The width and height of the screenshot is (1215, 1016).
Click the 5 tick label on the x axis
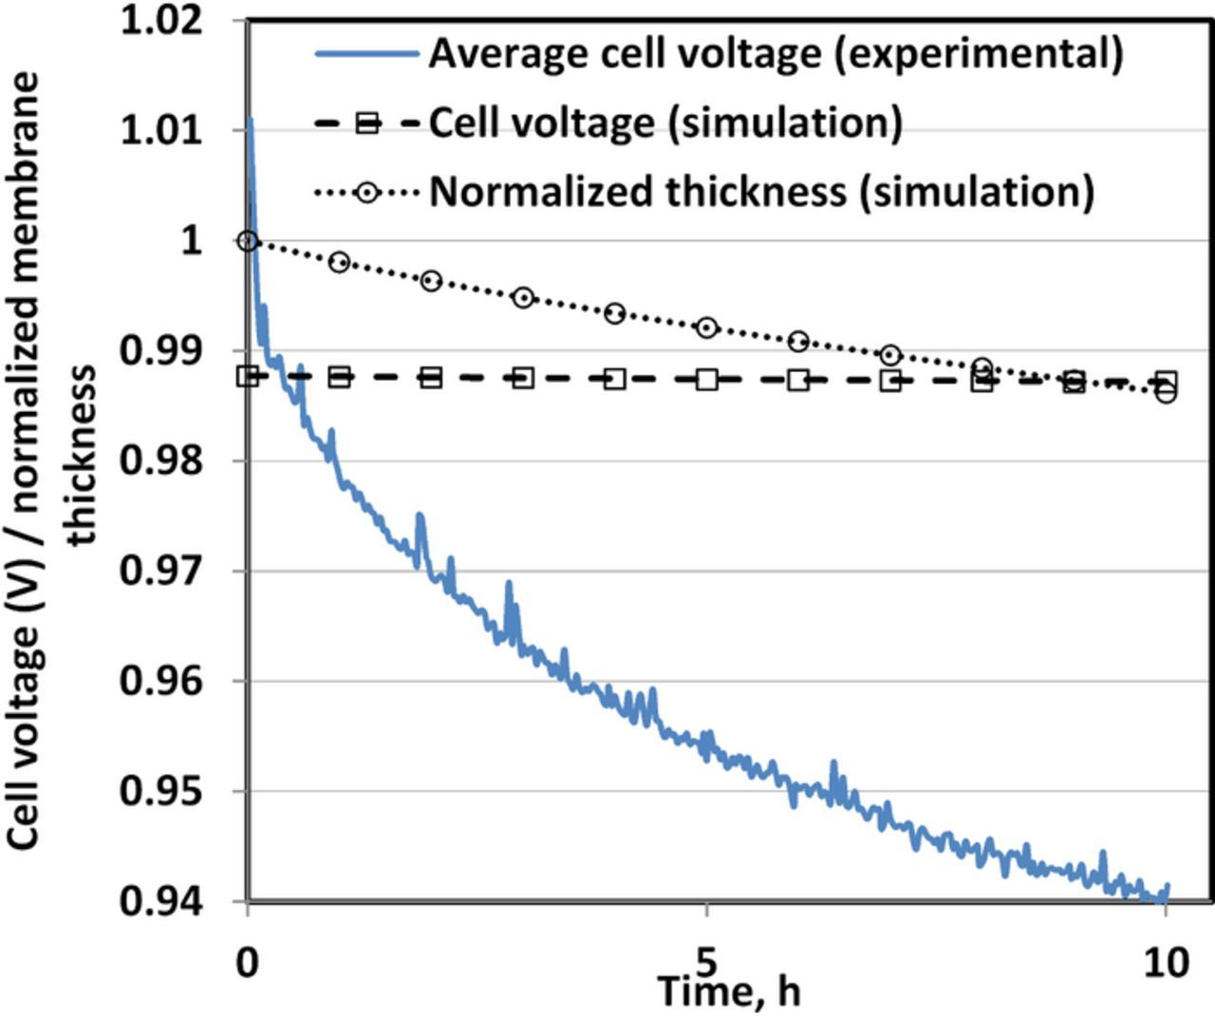(x=706, y=961)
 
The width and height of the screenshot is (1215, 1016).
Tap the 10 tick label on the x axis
(x=1166, y=963)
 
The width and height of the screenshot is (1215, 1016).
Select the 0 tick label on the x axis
(x=247, y=963)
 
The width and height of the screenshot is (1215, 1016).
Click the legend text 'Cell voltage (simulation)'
(x=665, y=122)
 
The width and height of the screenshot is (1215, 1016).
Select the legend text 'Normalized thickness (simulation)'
(x=761, y=192)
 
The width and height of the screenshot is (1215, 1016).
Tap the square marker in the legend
(x=366, y=122)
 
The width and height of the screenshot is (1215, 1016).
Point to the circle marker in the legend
(x=366, y=192)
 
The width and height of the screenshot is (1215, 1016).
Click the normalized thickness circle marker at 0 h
(x=248, y=241)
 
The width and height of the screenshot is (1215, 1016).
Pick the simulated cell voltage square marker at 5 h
(x=706, y=379)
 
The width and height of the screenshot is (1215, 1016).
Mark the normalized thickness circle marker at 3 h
(x=523, y=297)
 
